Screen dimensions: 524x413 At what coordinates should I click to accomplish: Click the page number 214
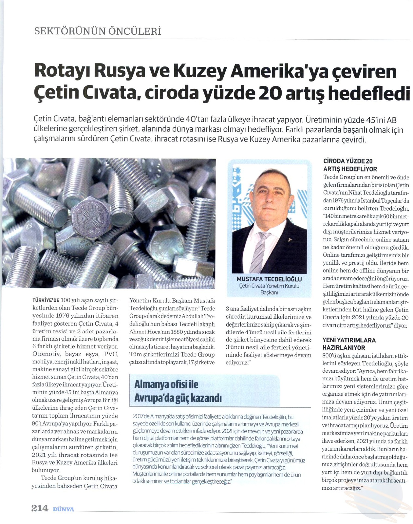(x=40, y=508)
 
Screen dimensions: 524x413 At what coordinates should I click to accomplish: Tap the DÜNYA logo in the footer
(x=64, y=509)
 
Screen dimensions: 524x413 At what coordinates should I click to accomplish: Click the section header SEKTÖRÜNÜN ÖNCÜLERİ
(x=98, y=31)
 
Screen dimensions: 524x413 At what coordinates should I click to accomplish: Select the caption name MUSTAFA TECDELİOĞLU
(x=269, y=279)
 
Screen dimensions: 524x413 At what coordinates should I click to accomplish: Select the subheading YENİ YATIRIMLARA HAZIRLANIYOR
(x=349, y=344)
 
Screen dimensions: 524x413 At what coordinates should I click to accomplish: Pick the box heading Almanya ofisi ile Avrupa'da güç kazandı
(x=178, y=391)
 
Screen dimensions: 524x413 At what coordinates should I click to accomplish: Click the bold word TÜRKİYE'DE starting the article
(x=46, y=300)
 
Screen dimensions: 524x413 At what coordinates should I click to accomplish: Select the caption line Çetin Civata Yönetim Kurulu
(x=269, y=286)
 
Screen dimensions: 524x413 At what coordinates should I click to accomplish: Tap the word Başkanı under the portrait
(x=269, y=292)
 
